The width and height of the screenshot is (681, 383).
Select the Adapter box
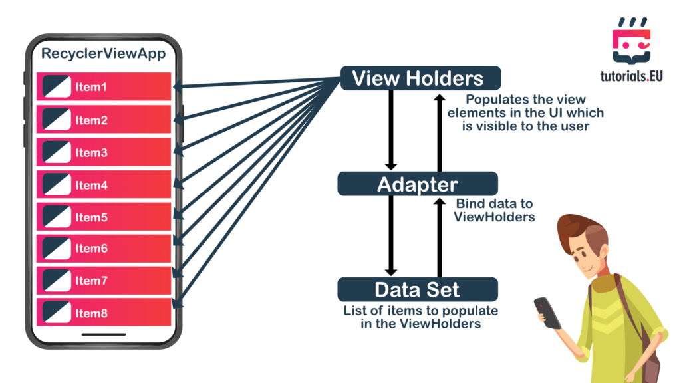tap(418, 184)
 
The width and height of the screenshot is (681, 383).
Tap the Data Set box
tap(417, 290)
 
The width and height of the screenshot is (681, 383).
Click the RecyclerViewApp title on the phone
tap(103, 54)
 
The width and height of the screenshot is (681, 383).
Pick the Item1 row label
tap(91, 87)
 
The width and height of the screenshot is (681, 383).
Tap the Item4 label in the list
tap(91, 185)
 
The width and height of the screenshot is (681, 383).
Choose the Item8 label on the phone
tap(91, 313)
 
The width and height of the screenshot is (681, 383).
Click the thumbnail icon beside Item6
tap(57, 249)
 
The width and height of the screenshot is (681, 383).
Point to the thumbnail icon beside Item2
tap(57, 120)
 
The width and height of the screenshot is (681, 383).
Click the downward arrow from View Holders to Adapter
tap(391, 130)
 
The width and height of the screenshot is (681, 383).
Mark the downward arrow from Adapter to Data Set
tap(391, 236)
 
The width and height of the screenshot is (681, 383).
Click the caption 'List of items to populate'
tap(420, 311)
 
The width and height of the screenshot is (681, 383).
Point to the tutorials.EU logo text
tap(630, 76)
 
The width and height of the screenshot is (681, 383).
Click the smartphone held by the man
tap(547, 312)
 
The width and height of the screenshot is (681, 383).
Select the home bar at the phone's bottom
tap(103, 333)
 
